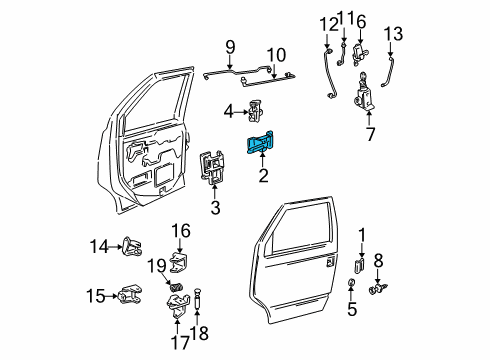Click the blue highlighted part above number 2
tap(260, 142)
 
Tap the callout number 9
tap(230, 47)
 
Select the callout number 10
tap(276, 55)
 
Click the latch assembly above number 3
tap(211, 167)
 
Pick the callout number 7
tap(370, 134)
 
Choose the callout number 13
tap(393, 34)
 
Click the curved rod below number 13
tap(387, 72)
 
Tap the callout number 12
tap(329, 25)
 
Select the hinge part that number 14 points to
tap(133, 246)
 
